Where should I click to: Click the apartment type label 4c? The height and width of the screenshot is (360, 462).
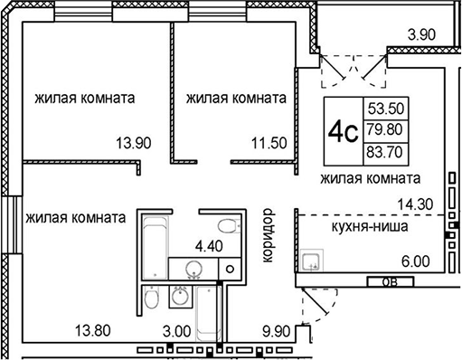[341, 134]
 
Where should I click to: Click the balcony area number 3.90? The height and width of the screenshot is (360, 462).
[425, 35]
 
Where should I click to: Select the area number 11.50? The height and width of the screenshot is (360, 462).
[269, 142]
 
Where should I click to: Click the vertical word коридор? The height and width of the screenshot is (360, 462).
[267, 236]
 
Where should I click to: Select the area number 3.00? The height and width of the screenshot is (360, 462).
[176, 331]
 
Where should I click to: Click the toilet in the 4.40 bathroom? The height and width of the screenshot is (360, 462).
[226, 225]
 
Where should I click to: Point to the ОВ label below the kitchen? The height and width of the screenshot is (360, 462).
[388, 281]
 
